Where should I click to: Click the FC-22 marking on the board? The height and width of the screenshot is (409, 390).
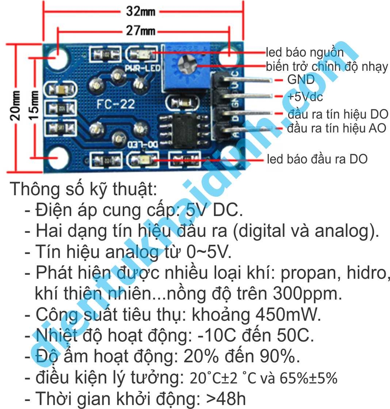pyautogui.click(x=116, y=104)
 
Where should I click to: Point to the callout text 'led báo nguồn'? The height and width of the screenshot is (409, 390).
pyautogui.click(x=305, y=52)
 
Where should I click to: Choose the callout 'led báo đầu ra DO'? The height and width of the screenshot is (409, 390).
pyautogui.click(x=317, y=159)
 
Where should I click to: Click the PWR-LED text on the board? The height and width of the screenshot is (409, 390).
pyautogui.click(x=143, y=68)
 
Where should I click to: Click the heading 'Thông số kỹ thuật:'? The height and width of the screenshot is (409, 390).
pyautogui.click(x=83, y=189)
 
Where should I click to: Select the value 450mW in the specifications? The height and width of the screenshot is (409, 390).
pyautogui.click(x=288, y=315)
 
